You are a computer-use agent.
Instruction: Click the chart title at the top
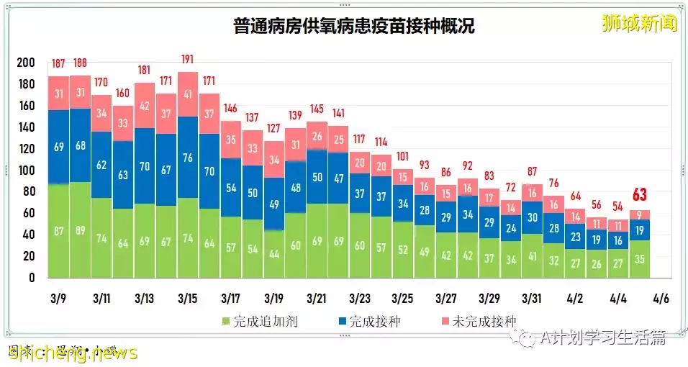tap(354, 27)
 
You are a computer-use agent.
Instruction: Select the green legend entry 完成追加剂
tap(253, 321)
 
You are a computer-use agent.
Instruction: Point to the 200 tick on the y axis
tap(25, 63)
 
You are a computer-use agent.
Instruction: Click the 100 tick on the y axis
tap(25, 171)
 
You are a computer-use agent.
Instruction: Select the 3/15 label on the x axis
tap(188, 298)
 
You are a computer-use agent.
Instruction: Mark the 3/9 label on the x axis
tap(59, 298)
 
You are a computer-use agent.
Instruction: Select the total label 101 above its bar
tap(403, 156)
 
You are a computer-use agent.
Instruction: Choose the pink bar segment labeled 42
tap(145, 106)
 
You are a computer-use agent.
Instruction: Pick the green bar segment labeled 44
tap(273, 253)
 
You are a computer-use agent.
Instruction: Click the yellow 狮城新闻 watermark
tap(639, 24)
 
